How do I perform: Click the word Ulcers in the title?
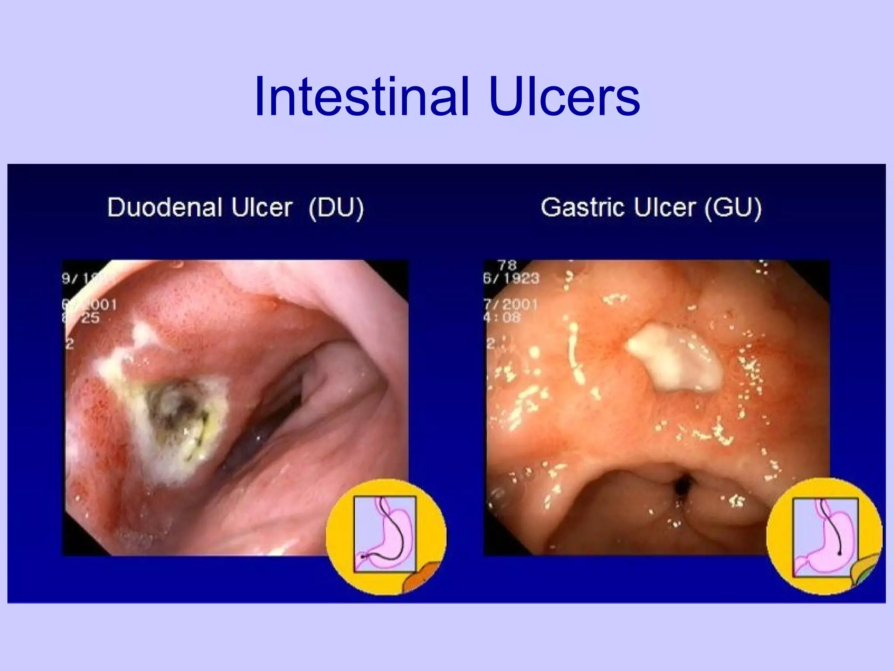(x=565, y=97)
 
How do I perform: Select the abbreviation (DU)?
(x=336, y=208)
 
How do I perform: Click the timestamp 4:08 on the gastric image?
(x=502, y=317)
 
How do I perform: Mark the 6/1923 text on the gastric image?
(x=511, y=278)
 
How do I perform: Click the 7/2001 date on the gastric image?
(x=510, y=304)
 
